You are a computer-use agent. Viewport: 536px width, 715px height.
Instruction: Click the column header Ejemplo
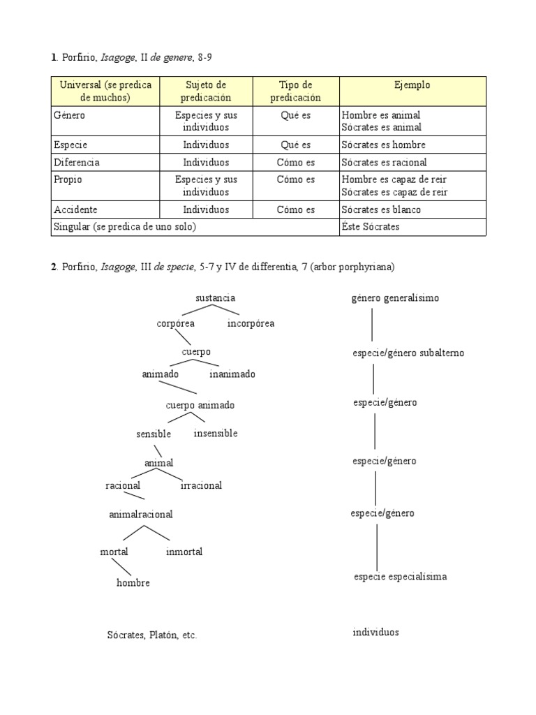[412, 85]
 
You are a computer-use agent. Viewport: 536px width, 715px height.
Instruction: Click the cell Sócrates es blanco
[381, 209]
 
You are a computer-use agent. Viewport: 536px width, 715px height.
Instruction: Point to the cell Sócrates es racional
[383, 162]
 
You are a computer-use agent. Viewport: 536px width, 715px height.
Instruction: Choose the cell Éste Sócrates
[371, 227]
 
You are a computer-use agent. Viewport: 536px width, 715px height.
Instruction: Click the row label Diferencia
[77, 162]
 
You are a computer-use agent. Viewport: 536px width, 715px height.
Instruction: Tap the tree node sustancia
[215, 298]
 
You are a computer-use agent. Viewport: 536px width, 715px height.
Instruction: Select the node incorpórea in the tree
[251, 323]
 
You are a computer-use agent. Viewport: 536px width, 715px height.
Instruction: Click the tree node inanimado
[232, 374]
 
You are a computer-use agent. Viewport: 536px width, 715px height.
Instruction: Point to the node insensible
[216, 433]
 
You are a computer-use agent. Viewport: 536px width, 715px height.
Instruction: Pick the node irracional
[201, 485]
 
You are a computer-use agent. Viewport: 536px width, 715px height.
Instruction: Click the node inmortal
[184, 552]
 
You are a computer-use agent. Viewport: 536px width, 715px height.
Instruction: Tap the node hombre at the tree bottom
[133, 582]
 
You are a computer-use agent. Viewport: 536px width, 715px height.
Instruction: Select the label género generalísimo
[395, 298]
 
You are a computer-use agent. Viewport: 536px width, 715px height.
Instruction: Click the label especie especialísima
[400, 577]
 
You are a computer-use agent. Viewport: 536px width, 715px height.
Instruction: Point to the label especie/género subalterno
[408, 353]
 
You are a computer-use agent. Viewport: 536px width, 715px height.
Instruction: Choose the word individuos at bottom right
[375, 632]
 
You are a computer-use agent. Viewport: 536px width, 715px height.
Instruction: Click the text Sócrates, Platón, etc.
[151, 635]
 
